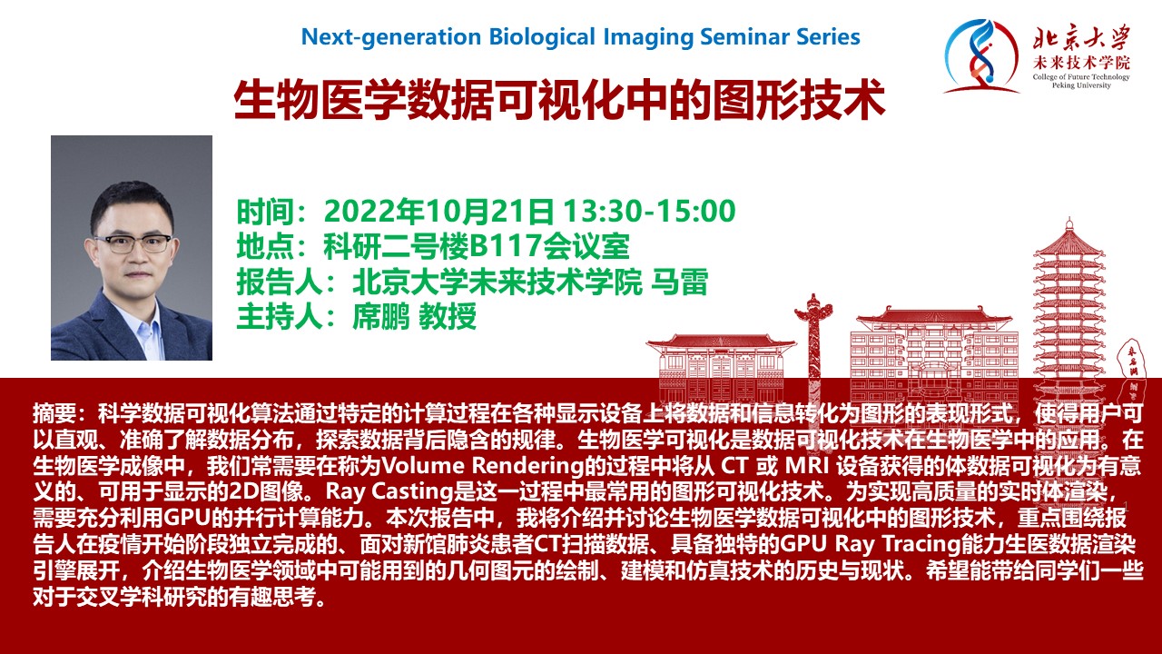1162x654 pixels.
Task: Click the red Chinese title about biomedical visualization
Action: point(559,100)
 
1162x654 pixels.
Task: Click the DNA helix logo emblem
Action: point(980,56)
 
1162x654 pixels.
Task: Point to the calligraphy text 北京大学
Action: point(1081,37)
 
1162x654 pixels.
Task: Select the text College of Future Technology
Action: point(1081,77)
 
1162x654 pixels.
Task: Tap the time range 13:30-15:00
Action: point(649,212)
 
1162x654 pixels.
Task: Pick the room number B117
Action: point(506,246)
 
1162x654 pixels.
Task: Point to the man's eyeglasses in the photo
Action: point(133,243)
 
